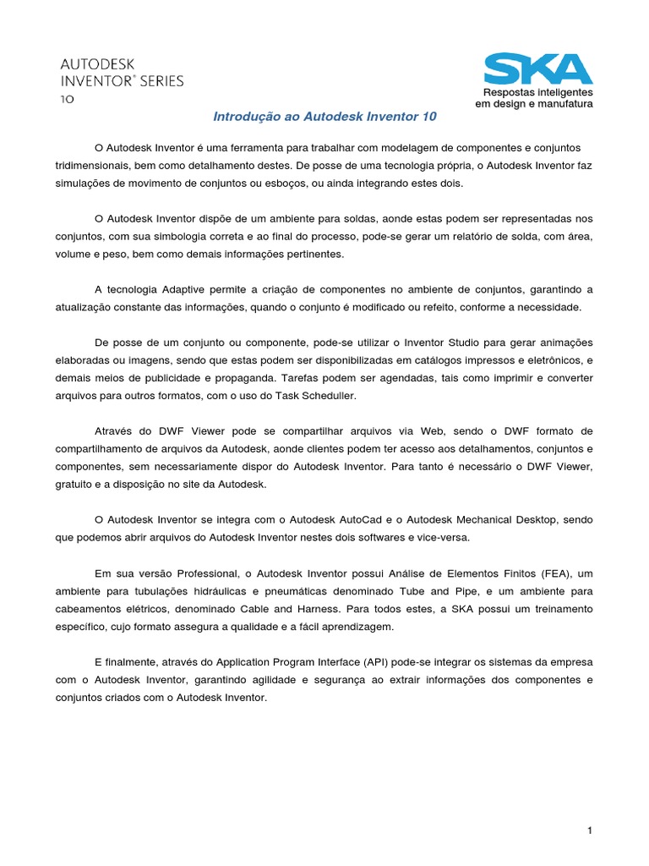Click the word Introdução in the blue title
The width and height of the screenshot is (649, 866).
(243, 115)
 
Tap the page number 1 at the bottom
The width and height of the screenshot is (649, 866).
(590, 808)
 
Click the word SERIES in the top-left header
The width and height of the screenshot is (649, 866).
(156, 81)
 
